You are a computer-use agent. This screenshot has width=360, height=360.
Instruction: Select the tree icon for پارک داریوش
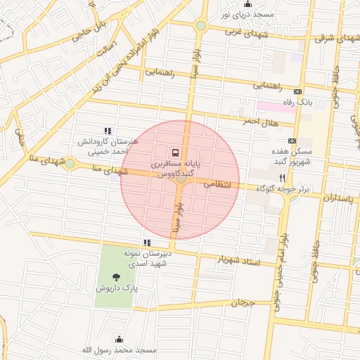(116, 277)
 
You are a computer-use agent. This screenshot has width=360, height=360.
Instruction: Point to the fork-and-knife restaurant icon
(282, 178)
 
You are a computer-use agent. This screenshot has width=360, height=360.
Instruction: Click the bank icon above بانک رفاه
(297, 91)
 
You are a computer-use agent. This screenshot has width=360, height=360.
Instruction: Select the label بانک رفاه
(297, 103)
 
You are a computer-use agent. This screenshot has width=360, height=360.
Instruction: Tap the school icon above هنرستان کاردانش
(107, 131)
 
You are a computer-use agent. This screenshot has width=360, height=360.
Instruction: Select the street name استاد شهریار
(241, 262)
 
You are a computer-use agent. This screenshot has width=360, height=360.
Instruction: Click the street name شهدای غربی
(243, 32)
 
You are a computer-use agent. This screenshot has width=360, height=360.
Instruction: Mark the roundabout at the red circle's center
(181, 179)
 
